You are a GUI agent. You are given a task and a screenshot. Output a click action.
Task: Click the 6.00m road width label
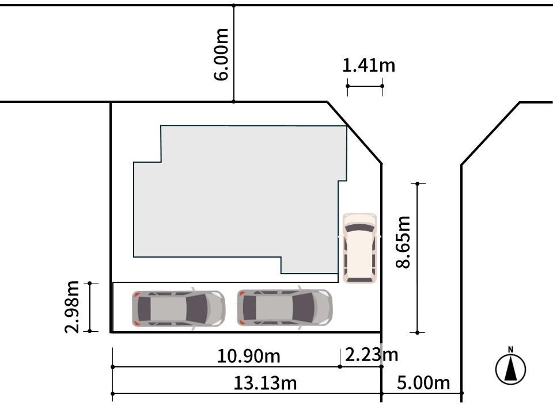tap(222, 55)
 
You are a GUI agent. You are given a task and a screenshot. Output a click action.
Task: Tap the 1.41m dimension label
tap(369, 66)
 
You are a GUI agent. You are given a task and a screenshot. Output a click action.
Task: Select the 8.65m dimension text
tap(403, 242)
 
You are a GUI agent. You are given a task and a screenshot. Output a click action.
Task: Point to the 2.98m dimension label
tap(72, 307)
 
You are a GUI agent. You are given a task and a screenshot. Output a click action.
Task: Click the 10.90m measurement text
tap(249, 356)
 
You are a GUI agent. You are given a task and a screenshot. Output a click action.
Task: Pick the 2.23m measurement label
tap(372, 355)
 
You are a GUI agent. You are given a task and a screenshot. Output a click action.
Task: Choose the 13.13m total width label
tap(265, 383)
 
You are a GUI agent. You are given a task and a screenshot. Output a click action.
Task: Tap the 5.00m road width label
tap(423, 383)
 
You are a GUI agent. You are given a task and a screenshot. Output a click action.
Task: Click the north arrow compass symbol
tap(511, 369)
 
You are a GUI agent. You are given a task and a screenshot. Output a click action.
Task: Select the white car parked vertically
tap(359, 248)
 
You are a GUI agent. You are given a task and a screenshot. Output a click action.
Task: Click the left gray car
tap(179, 308)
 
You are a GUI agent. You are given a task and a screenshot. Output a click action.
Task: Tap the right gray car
tap(285, 308)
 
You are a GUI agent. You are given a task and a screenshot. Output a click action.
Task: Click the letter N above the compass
tap(510, 350)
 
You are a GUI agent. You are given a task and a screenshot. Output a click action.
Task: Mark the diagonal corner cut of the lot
tap(354, 133)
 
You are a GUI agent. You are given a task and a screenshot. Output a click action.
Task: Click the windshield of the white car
tap(359, 229)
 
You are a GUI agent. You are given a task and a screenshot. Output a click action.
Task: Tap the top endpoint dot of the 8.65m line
tap(418, 184)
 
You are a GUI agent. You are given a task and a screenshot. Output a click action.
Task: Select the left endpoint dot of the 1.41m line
tap(348, 86)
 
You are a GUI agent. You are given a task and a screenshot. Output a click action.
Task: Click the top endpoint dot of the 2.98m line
tap(90, 283)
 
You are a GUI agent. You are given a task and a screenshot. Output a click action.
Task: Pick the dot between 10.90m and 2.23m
tap(340, 367)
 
